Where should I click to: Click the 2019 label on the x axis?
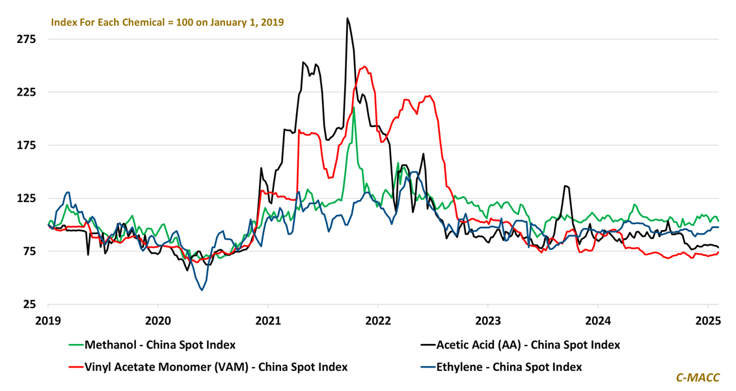coord(48,321)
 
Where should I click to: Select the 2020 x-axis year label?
coord(158,321)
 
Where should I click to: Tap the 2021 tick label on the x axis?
coord(268,321)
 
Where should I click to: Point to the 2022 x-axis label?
coord(378,321)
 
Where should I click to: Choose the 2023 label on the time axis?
coord(488,321)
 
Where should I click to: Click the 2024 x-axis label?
coord(598,321)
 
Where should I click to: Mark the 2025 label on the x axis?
coord(708,321)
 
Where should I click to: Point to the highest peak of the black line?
coord(348,19)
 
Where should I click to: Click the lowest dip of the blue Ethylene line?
coord(202,289)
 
